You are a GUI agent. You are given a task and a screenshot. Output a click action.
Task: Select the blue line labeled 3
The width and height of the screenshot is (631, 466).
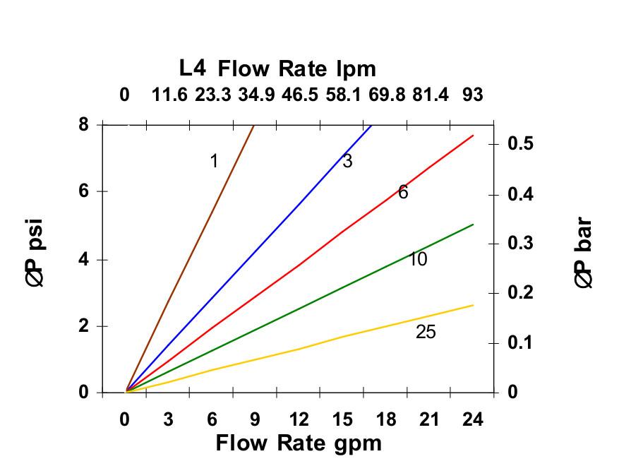(247, 260)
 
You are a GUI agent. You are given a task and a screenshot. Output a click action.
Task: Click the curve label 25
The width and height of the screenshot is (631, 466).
(426, 331)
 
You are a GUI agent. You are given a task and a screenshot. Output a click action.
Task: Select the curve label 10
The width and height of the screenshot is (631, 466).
(418, 259)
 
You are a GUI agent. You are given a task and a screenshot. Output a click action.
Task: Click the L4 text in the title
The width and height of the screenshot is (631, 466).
(193, 68)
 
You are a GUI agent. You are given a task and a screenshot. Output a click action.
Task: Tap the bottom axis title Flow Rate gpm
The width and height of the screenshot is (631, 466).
(298, 443)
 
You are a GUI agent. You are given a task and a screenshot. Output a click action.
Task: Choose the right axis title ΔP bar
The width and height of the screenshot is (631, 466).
(583, 253)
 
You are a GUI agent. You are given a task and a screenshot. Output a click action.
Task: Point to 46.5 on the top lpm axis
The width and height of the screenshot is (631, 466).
(299, 95)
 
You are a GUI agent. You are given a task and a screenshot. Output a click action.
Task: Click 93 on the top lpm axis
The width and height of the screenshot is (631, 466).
(473, 95)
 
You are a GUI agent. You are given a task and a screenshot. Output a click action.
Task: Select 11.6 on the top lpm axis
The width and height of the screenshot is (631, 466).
(169, 95)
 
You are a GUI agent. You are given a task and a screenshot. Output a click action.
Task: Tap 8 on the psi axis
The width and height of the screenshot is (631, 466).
(83, 124)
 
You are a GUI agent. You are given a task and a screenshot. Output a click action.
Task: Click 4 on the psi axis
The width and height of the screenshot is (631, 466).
(83, 259)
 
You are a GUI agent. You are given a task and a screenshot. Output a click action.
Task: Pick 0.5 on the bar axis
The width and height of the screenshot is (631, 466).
(519, 144)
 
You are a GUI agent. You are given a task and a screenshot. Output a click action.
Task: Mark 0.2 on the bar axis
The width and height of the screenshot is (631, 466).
(519, 292)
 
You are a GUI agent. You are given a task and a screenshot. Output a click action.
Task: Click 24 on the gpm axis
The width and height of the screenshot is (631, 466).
(473, 419)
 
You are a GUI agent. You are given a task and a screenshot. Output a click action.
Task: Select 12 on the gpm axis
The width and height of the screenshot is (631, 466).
(299, 419)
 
